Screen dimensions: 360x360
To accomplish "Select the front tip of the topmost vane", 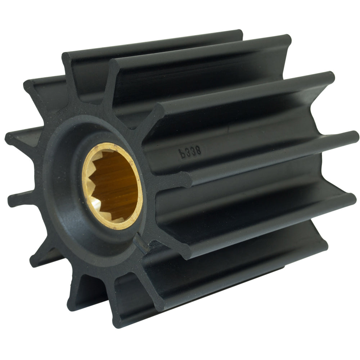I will coord(68,58).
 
